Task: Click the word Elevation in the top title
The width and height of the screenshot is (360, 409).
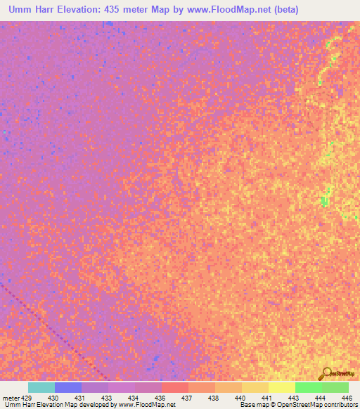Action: (x=87, y=10)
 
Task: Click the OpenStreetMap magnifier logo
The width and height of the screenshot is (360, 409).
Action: (x=326, y=373)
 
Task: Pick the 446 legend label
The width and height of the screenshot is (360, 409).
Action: (x=345, y=398)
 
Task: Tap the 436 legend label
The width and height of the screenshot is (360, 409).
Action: (x=160, y=398)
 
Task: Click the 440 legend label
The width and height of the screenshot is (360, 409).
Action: (x=240, y=398)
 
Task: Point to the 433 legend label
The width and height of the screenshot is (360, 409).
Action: (x=108, y=398)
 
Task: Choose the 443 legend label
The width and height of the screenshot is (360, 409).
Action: (x=292, y=398)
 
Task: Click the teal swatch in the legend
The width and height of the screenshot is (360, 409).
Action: (x=41, y=387)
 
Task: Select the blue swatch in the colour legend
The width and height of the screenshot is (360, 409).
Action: (x=68, y=387)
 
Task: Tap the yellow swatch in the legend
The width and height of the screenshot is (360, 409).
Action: (x=281, y=387)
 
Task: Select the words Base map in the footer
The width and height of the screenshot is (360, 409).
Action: (x=254, y=405)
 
